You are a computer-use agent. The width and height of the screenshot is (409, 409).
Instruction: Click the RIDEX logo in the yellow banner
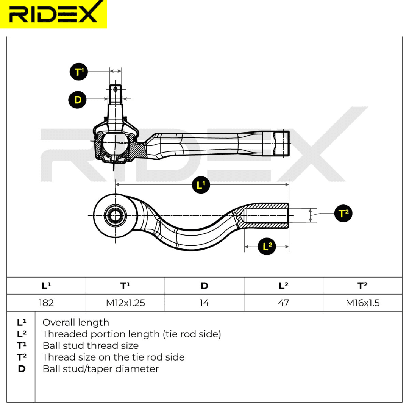tap(53, 14)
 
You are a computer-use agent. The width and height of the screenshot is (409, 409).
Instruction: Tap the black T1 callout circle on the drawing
tap(79, 72)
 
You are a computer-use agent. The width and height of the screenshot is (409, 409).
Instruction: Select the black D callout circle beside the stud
tap(78, 100)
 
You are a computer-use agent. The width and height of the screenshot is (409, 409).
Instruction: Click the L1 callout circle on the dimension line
tap(201, 185)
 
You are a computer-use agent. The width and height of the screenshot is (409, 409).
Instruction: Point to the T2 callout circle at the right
tap(343, 213)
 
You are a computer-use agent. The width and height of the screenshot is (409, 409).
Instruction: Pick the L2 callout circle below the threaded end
tap(267, 246)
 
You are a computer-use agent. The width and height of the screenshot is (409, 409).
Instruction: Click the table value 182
tap(46, 303)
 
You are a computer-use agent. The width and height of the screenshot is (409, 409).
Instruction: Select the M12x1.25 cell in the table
tap(125, 303)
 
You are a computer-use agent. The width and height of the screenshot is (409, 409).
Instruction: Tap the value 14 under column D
tap(204, 303)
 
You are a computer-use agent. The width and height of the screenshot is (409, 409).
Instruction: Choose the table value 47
tap(284, 303)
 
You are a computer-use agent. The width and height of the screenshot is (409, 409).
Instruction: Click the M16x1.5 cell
tap(362, 303)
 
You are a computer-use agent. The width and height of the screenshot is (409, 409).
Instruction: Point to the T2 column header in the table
tap(362, 286)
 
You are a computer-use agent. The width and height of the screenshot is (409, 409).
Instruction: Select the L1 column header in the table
tap(47, 286)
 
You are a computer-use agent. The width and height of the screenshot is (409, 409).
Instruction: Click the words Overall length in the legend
tap(76, 323)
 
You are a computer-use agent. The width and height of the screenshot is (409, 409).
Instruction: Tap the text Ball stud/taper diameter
tap(101, 369)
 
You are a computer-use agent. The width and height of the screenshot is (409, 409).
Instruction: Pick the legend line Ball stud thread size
tap(91, 346)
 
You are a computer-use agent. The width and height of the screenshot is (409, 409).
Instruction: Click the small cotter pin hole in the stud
tap(115, 89)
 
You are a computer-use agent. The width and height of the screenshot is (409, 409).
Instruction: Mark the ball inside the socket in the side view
tap(115, 144)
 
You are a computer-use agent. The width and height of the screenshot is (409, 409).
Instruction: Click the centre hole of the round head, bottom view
tap(115, 216)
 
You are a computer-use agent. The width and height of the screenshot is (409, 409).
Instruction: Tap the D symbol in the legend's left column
tap(22, 369)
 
